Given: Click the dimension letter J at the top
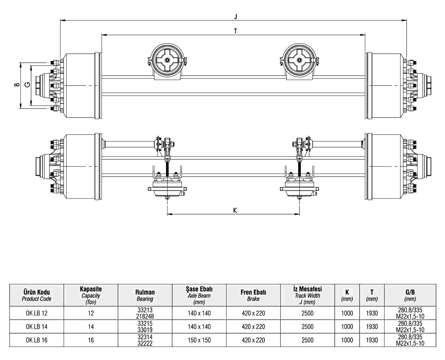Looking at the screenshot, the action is pos(235,16).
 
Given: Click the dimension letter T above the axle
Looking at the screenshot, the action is pos(235,31).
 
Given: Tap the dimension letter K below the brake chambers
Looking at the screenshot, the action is pos(235,210).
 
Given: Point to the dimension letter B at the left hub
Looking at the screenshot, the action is pos(17,85).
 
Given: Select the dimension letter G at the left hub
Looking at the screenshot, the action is pos(28,84).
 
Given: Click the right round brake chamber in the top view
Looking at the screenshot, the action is pos(299,61).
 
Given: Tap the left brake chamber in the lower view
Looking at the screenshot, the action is pos(167,187).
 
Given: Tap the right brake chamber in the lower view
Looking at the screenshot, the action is pos(299,187).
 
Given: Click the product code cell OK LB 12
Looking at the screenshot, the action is pos(36,313).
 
